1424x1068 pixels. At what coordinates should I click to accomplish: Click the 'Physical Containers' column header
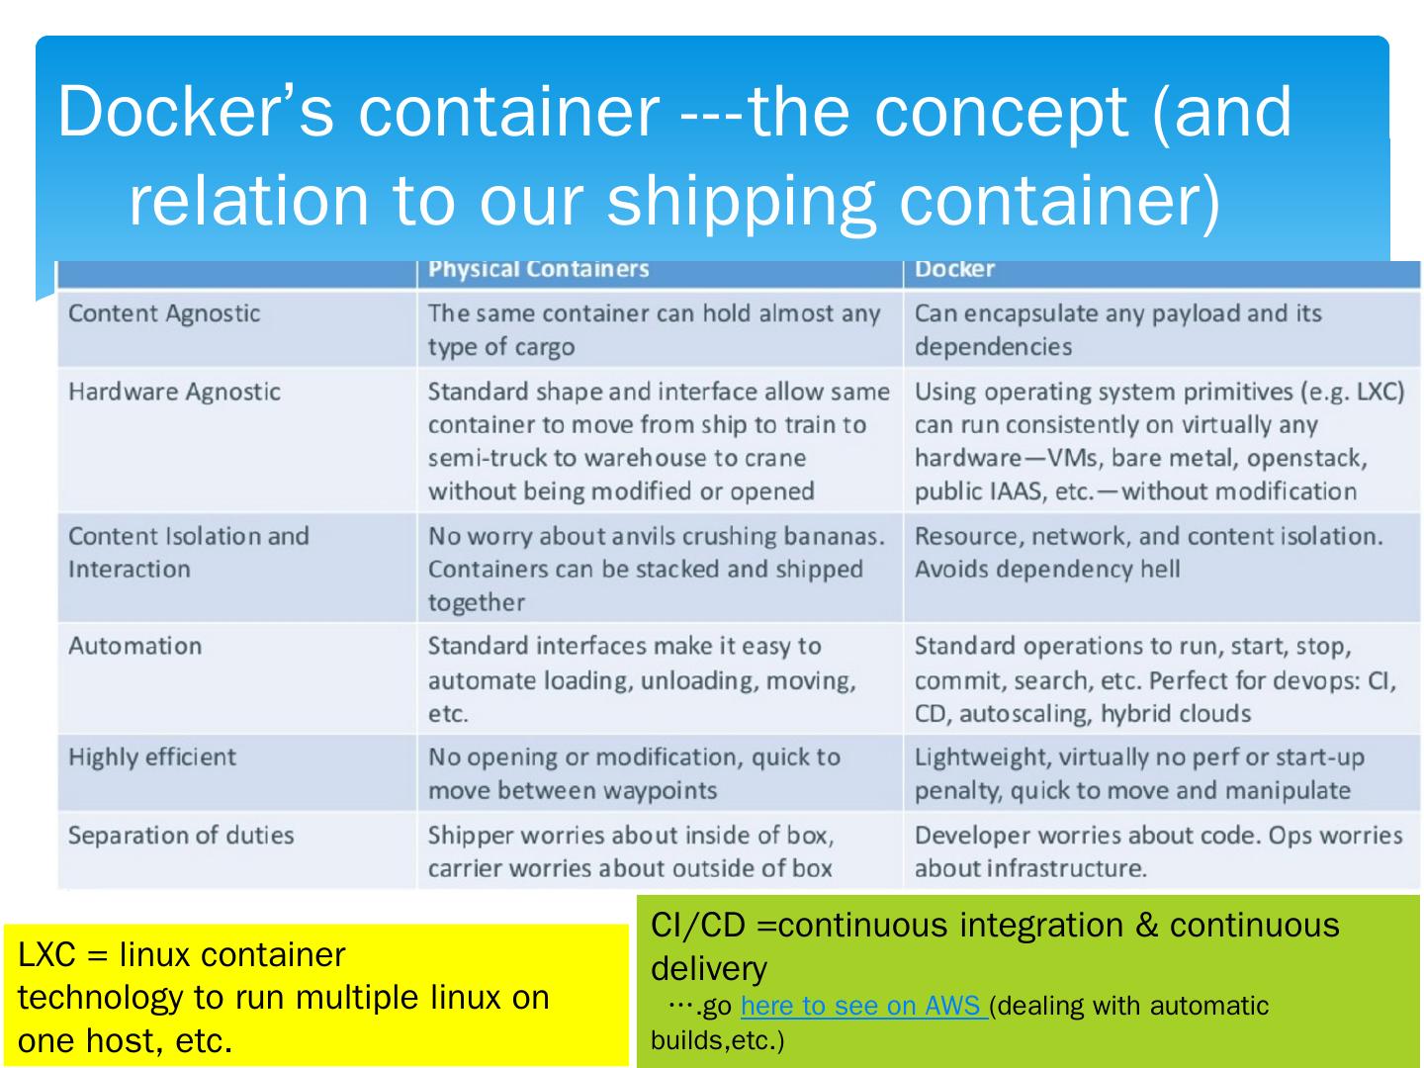pos(538,269)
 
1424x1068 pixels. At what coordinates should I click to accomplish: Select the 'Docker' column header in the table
pos(954,269)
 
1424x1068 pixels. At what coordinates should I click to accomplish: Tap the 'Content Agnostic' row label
pos(164,313)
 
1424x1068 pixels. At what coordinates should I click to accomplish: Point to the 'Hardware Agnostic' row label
pos(174,392)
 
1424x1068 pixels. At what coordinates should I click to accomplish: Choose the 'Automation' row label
pos(134,646)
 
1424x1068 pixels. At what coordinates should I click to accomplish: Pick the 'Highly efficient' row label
pos(152,757)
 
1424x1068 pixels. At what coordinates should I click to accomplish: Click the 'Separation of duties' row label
pos(181,836)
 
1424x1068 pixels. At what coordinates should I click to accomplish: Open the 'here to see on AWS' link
pos(860,1006)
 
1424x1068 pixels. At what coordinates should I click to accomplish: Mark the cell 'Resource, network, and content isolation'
pos(1147,536)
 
